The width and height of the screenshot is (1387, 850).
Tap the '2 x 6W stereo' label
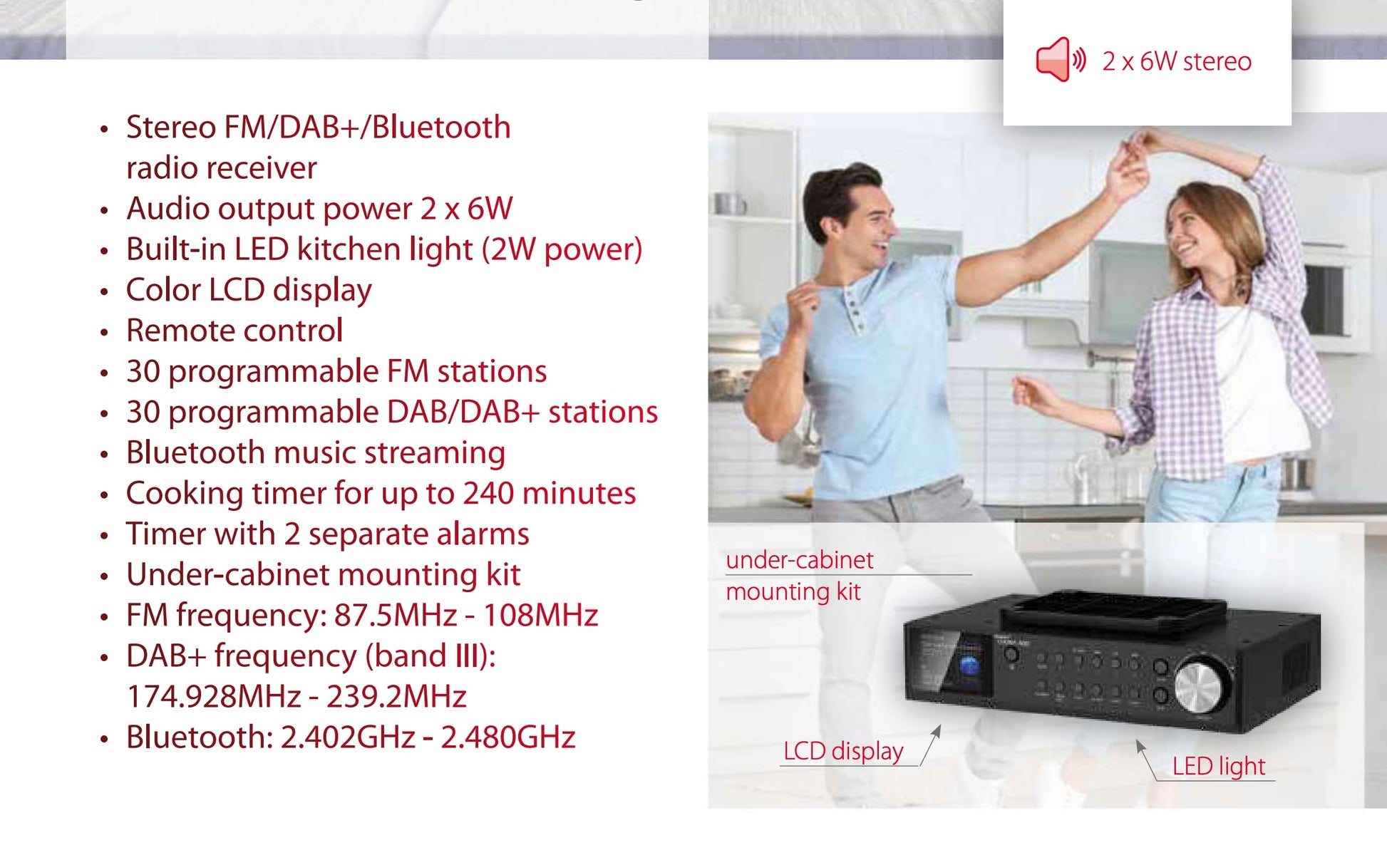(1177, 61)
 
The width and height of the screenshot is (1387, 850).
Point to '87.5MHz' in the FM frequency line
(396, 615)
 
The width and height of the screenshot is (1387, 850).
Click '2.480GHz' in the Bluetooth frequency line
(508, 737)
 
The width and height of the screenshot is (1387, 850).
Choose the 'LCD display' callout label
(843, 751)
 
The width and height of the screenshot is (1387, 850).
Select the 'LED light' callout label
(1219, 766)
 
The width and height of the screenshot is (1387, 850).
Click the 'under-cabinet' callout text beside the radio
(799, 560)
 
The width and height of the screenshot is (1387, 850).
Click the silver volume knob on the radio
(1201, 687)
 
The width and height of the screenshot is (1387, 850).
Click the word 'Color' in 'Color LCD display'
(163, 290)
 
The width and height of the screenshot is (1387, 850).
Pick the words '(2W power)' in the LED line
(562, 250)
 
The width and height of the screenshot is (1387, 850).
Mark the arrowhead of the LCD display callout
(938, 730)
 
